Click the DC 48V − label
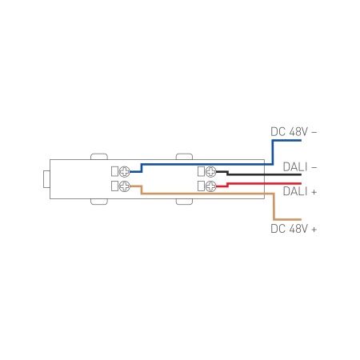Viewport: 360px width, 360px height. click(x=294, y=130)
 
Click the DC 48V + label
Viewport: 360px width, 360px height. click(x=294, y=230)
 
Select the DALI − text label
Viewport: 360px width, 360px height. click(x=300, y=167)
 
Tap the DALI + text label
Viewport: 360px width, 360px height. click(x=300, y=192)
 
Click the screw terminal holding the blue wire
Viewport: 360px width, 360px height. click(x=124, y=171)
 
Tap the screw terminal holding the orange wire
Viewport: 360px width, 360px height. click(x=124, y=186)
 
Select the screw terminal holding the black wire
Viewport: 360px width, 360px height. click(x=211, y=171)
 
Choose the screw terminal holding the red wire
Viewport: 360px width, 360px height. click(x=211, y=186)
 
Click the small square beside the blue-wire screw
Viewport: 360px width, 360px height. click(x=114, y=171)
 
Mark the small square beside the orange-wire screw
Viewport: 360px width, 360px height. click(x=114, y=186)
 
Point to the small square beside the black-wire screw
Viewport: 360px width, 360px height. click(x=202, y=171)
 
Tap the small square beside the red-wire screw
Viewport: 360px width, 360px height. click(x=202, y=186)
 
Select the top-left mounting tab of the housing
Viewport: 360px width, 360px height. click(x=100, y=155)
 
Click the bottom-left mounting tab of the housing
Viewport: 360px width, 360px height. click(x=100, y=202)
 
